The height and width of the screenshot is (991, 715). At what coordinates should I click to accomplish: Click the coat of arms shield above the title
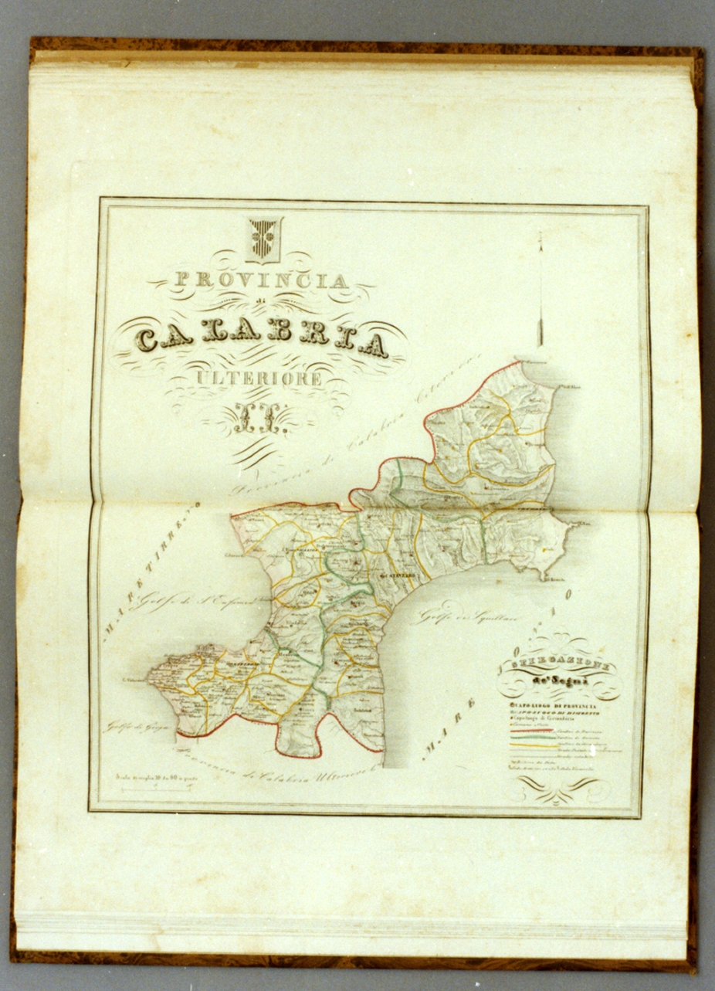pos(265,239)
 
